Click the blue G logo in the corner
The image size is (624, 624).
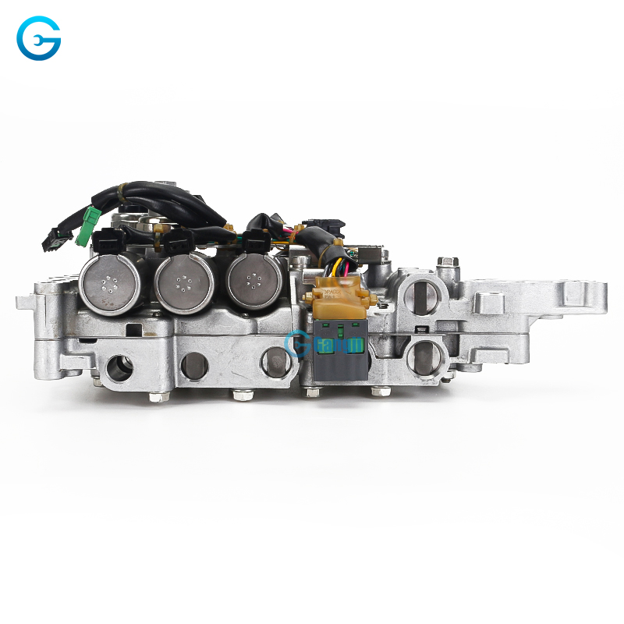point(39,39)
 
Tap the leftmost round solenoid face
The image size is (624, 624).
point(110,285)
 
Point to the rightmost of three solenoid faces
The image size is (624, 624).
point(254,284)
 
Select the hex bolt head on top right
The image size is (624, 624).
point(445,264)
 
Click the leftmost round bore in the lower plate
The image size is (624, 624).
point(119,367)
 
